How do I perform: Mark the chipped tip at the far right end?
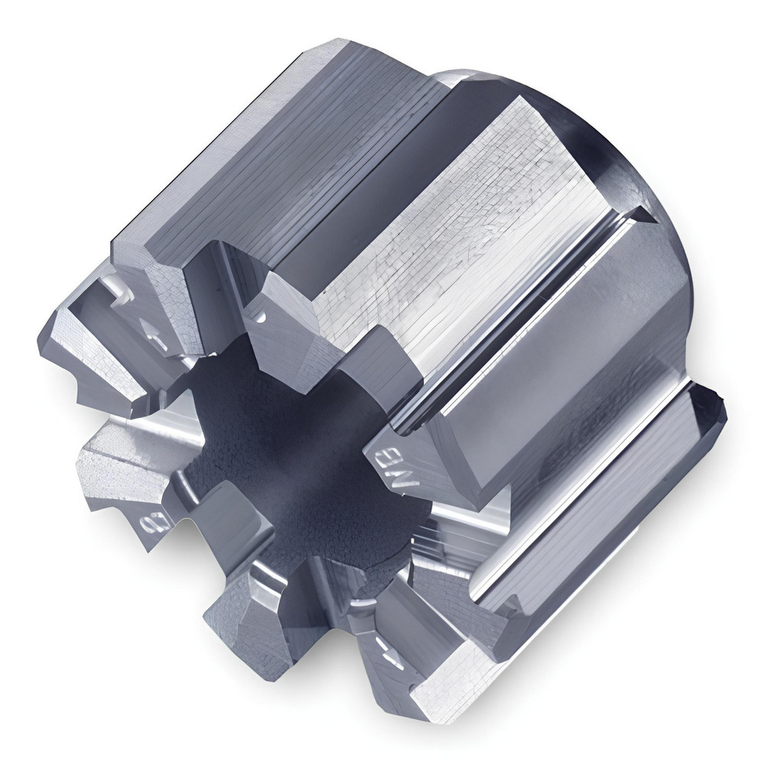click(715, 405)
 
